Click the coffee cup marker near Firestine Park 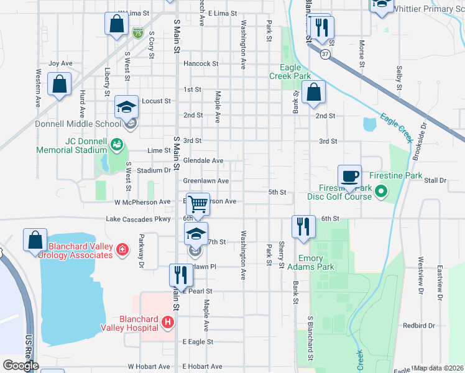tap(349, 176)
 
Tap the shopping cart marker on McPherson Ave tap(198, 203)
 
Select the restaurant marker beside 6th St tap(303, 226)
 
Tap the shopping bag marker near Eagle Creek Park tap(315, 91)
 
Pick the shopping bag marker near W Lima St tap(116, 24)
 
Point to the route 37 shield tap(325, 54)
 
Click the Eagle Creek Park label tap(290, 71)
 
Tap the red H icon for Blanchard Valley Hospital tap(167, 322)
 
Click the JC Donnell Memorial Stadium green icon tap(116, 145)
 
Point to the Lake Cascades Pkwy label tap(138, 219)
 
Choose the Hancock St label tap(200, 63)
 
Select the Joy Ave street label tap(61, 63)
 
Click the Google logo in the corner tap(20, 366)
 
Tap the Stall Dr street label tap(435, 180)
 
